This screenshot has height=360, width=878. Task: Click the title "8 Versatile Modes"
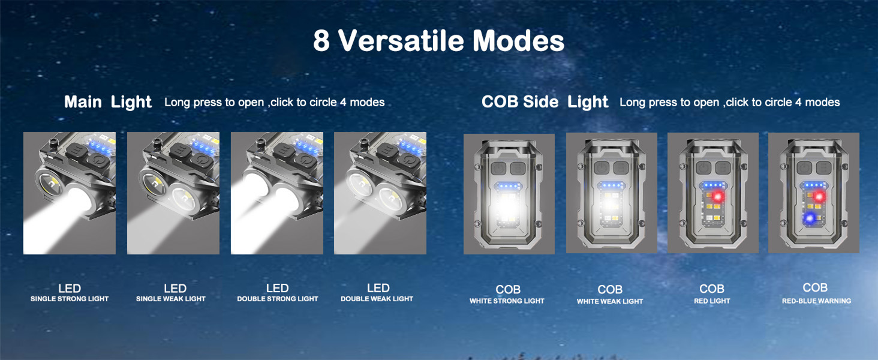(x=438, y=41)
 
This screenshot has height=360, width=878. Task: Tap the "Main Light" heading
(x=108, y=102)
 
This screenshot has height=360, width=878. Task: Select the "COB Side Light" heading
(x=545, y=102)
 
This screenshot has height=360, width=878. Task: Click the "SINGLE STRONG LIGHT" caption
(x=70, y=299)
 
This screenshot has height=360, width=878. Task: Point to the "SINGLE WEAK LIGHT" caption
(x=171, y=299)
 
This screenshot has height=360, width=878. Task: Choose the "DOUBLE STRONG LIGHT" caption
(x=278, y=299)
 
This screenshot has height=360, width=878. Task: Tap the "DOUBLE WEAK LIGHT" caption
(x=377, y=299)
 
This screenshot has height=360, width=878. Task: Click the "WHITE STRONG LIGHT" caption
(x=507, y=301)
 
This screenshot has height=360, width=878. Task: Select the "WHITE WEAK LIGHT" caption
(x=610, y=302)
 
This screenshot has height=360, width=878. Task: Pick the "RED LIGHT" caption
(x=712, y=301)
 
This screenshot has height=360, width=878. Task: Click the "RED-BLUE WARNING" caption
(x=816, y=301)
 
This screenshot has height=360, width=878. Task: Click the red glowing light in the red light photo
(x=717, y=197)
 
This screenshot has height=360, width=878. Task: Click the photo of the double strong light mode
(x=277, y=193)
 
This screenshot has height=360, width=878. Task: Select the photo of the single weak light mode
(x=173, y=193)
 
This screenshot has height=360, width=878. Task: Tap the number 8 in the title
(x=321, y=41)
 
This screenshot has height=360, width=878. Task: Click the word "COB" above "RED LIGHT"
(x=712, y=289)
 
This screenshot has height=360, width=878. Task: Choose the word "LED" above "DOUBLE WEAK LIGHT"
(x=378, y=288)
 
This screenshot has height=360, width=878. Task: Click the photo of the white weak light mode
(x=612, y=193)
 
